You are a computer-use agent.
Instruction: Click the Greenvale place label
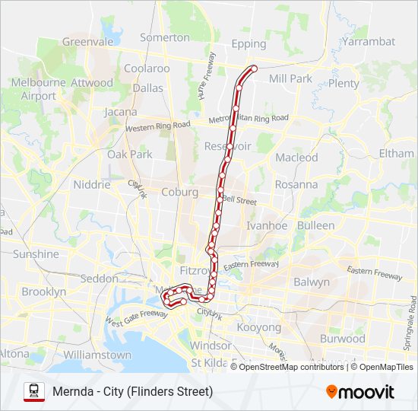click(87, 42)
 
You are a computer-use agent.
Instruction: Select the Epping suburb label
click(249, 44)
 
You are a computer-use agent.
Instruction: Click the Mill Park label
click(290, 78)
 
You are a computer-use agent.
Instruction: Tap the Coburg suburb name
click(179, 193)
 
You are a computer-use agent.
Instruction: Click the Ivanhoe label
click(267, 226)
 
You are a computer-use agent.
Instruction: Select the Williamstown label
click(97, 355)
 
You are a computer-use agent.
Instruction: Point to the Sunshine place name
click(35, 254)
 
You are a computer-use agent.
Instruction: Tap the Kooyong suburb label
click(259, 327)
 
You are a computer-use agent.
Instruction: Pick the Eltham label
click(396, 154)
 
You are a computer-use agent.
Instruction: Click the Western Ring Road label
click(157, 126)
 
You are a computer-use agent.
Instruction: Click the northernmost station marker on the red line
click(253, 68)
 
